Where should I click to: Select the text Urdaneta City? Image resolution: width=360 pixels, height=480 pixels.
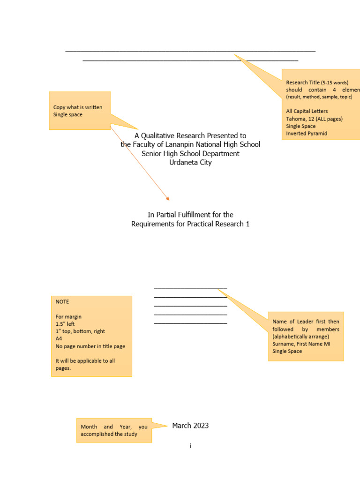(x=190, y=162)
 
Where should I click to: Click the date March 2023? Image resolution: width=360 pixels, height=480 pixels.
(x=190, y=426)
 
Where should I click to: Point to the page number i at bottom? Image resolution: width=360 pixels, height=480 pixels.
(x=190, y=446)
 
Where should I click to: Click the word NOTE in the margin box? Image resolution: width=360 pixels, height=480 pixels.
(x=62, y=301)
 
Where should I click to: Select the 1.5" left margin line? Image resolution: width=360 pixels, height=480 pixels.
(x=65, y=324)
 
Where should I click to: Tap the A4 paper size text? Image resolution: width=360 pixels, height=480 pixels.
(x=59, y=338)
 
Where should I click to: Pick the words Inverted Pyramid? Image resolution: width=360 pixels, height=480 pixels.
(x=307, y=134)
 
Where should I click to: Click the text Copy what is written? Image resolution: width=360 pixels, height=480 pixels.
(x=78, y=107)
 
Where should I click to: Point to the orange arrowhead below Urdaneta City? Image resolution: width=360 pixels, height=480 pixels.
(x=167, y=199)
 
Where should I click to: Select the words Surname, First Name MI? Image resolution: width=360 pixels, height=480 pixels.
(x=303, y=344)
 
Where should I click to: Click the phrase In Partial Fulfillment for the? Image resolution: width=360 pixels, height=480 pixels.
(x=190, y=215)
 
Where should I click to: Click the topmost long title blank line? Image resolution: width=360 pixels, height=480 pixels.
(x=190, y=51)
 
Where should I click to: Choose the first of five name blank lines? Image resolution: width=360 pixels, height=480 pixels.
(x=190, y=287)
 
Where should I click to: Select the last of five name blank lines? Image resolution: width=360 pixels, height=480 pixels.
(x=190, y=323)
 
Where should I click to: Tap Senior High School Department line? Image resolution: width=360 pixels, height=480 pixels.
(x=190, y=153)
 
